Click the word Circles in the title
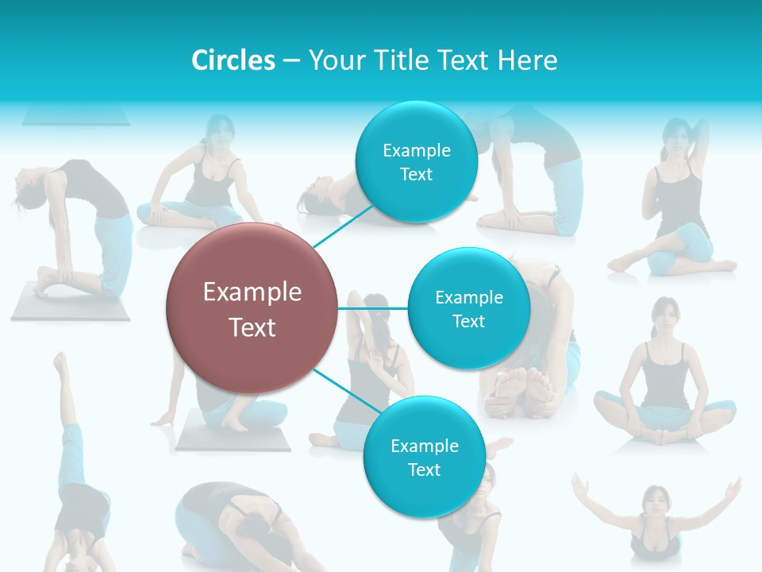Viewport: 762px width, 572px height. (233, 60)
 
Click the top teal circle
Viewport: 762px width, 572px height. (416, 162)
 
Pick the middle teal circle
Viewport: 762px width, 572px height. (468, 308)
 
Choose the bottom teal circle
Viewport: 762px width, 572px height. (424, 458)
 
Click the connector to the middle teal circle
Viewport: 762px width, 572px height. (373, 308)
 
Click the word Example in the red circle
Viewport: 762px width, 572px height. (252, 292)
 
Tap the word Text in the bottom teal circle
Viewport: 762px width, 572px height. (424, 470)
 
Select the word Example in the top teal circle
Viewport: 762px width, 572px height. (416, 150)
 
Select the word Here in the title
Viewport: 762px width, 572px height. (528, 60)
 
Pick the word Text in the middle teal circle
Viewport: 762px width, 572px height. (468, 321)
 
